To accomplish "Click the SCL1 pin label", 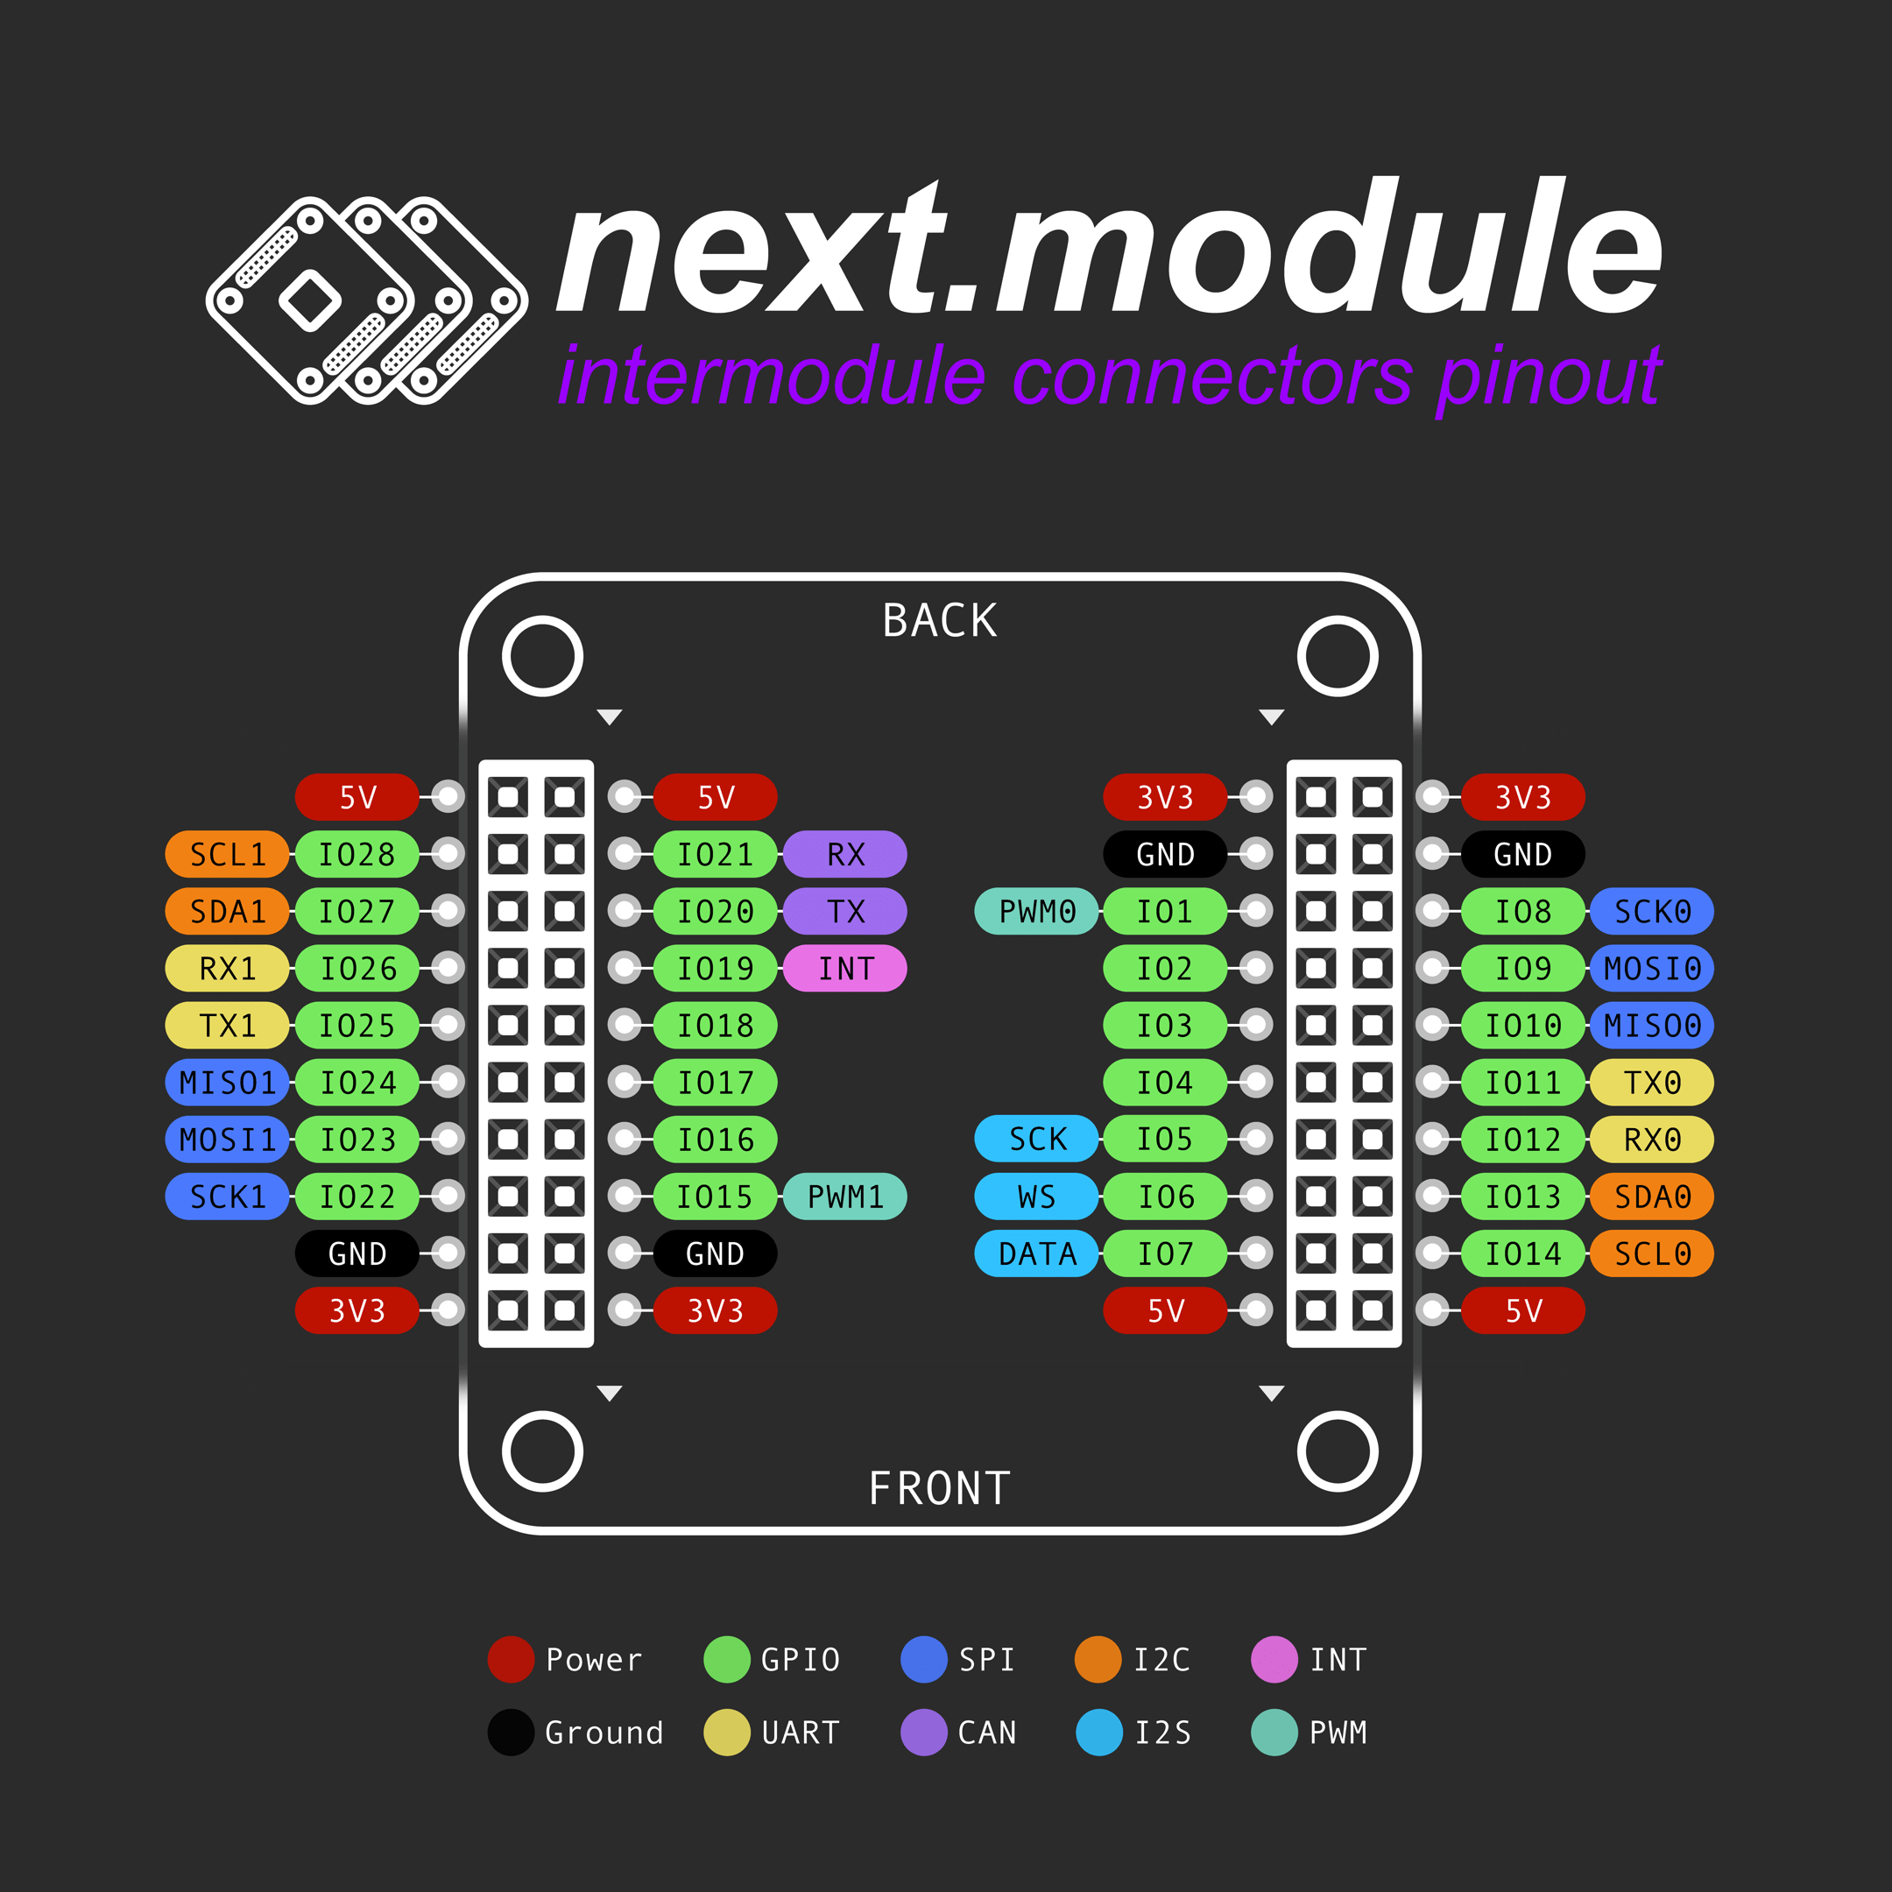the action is [227, 854].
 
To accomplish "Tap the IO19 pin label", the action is [715, 969].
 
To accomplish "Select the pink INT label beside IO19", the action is [845, 969].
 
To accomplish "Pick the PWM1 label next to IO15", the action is [845, 1197].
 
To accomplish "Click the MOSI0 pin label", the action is [1651, 969].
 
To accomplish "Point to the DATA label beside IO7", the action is [1037, 1253].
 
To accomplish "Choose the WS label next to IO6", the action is [1037, 1197].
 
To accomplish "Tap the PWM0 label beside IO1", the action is [1037, 912].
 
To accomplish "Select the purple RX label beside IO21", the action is [845, 854].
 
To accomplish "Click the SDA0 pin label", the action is [1651, 1197].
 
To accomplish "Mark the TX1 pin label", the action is [227, 1026].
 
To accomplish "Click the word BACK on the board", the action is [939, 621].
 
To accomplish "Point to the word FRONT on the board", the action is [939, 1488].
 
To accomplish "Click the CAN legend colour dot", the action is [923, 1733].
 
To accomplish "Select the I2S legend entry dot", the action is [1098, 1733].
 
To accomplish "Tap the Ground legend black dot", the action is [510, 1733].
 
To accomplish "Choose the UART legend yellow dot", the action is [727, 1733].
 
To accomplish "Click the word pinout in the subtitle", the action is [1550, 377].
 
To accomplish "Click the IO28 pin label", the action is [357, 854].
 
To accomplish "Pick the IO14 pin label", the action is [1523, 1253].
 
